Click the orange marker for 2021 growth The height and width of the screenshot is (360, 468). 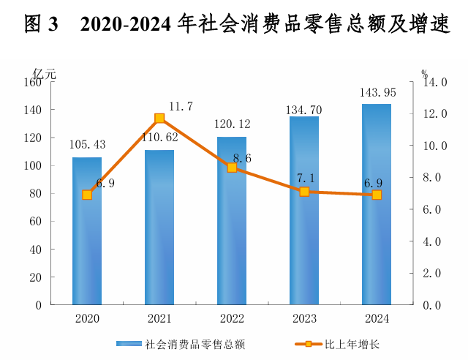[x=159, y=119]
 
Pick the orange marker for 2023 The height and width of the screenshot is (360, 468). [x=304, y=192]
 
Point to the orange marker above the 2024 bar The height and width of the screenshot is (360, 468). [x=377, y=195]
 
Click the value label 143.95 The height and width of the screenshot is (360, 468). [x=377, y=93]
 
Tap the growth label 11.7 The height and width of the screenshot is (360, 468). [x=180, y=107]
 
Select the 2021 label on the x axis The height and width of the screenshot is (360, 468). [x=159, y=319]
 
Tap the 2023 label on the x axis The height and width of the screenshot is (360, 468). [x=304, y=319]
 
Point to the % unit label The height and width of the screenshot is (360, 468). [x=424, y=73]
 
